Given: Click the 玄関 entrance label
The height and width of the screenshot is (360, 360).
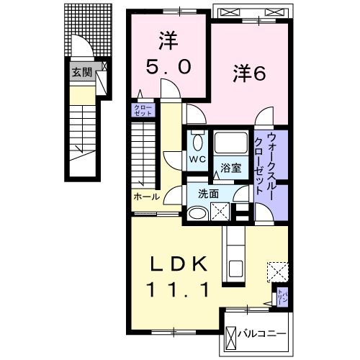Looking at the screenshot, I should point(80,73).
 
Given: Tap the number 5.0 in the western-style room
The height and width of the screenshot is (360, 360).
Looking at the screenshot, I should point(170,67).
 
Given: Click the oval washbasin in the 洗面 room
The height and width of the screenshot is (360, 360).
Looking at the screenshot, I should point(196,212).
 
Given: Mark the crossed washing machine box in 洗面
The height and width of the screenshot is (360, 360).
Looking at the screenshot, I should point(220,210).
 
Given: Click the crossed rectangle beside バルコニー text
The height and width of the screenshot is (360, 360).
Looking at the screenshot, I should point(231,336).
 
